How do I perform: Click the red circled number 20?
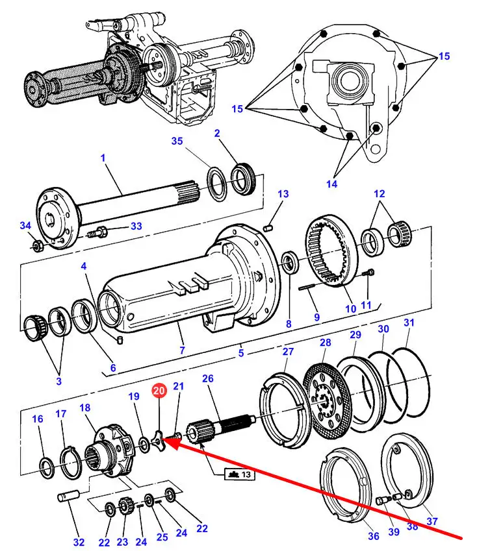[x=159, y=391]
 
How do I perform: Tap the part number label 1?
[x=103, y=158]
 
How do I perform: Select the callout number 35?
[x=177, y=141]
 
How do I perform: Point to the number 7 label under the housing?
[x=182, y=350]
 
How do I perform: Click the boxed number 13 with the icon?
[x=240, y=474]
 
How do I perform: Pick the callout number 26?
[x=207, y=378]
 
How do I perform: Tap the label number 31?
[x=409, y=323]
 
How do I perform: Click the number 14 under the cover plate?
[x=331, y=184]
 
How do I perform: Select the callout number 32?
[x=79, y=542]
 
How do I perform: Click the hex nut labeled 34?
[x=38, y=245]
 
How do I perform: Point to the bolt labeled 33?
[x=96, y=232]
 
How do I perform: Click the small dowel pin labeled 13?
[x=268, y=228]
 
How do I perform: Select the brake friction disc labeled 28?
[x=327, y=400]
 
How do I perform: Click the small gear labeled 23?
[x=125, y=506]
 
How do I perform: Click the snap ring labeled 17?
[x=71, y=462]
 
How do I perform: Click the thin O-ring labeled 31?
[x=408, y=382]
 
